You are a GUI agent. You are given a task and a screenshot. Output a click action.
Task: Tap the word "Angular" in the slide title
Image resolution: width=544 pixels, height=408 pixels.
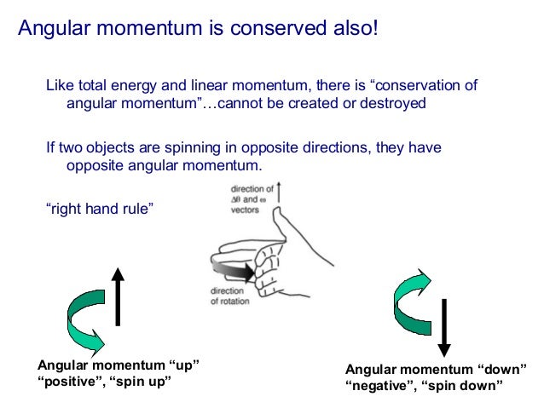(x=51, y=29)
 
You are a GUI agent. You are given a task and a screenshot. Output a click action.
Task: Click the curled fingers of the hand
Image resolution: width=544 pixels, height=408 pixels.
(x=269, y=268)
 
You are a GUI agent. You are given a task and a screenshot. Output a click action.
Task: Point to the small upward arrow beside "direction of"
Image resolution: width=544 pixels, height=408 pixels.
(x=279, y=192)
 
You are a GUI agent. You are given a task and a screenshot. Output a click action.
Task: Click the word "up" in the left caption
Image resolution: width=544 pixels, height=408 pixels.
(x=182, y=365)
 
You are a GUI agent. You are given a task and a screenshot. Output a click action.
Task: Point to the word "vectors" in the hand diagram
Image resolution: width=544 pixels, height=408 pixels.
(x=248, y=209)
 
